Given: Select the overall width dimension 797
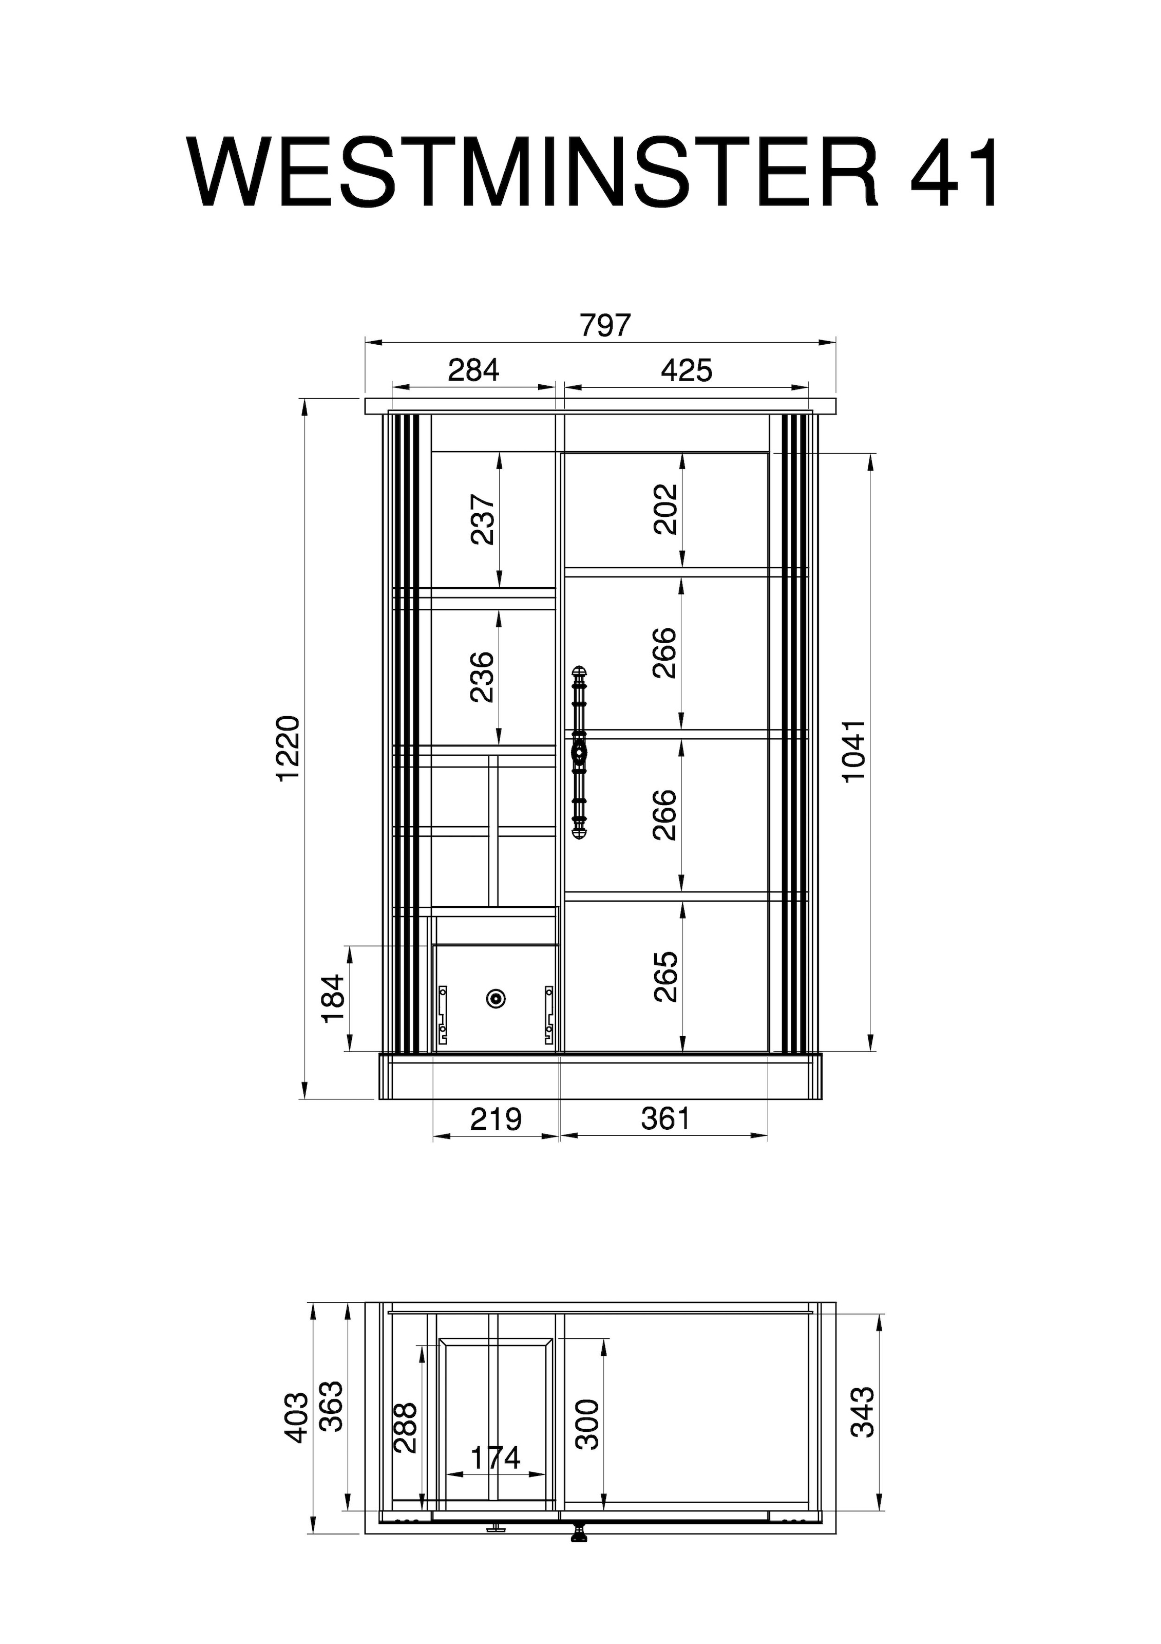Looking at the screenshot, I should pos(605,326).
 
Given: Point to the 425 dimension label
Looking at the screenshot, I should pos(687,371).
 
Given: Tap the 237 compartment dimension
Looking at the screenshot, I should pos(483,519).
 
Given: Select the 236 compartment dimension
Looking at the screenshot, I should pos(483,677).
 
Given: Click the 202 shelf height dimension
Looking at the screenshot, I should pos(665,509).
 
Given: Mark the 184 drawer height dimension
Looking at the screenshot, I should pos(334,998).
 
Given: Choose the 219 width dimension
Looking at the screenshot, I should pos(496,1118).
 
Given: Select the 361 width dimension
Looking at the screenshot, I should pos(665,1118).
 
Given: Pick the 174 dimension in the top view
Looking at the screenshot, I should pos(496,1458).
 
